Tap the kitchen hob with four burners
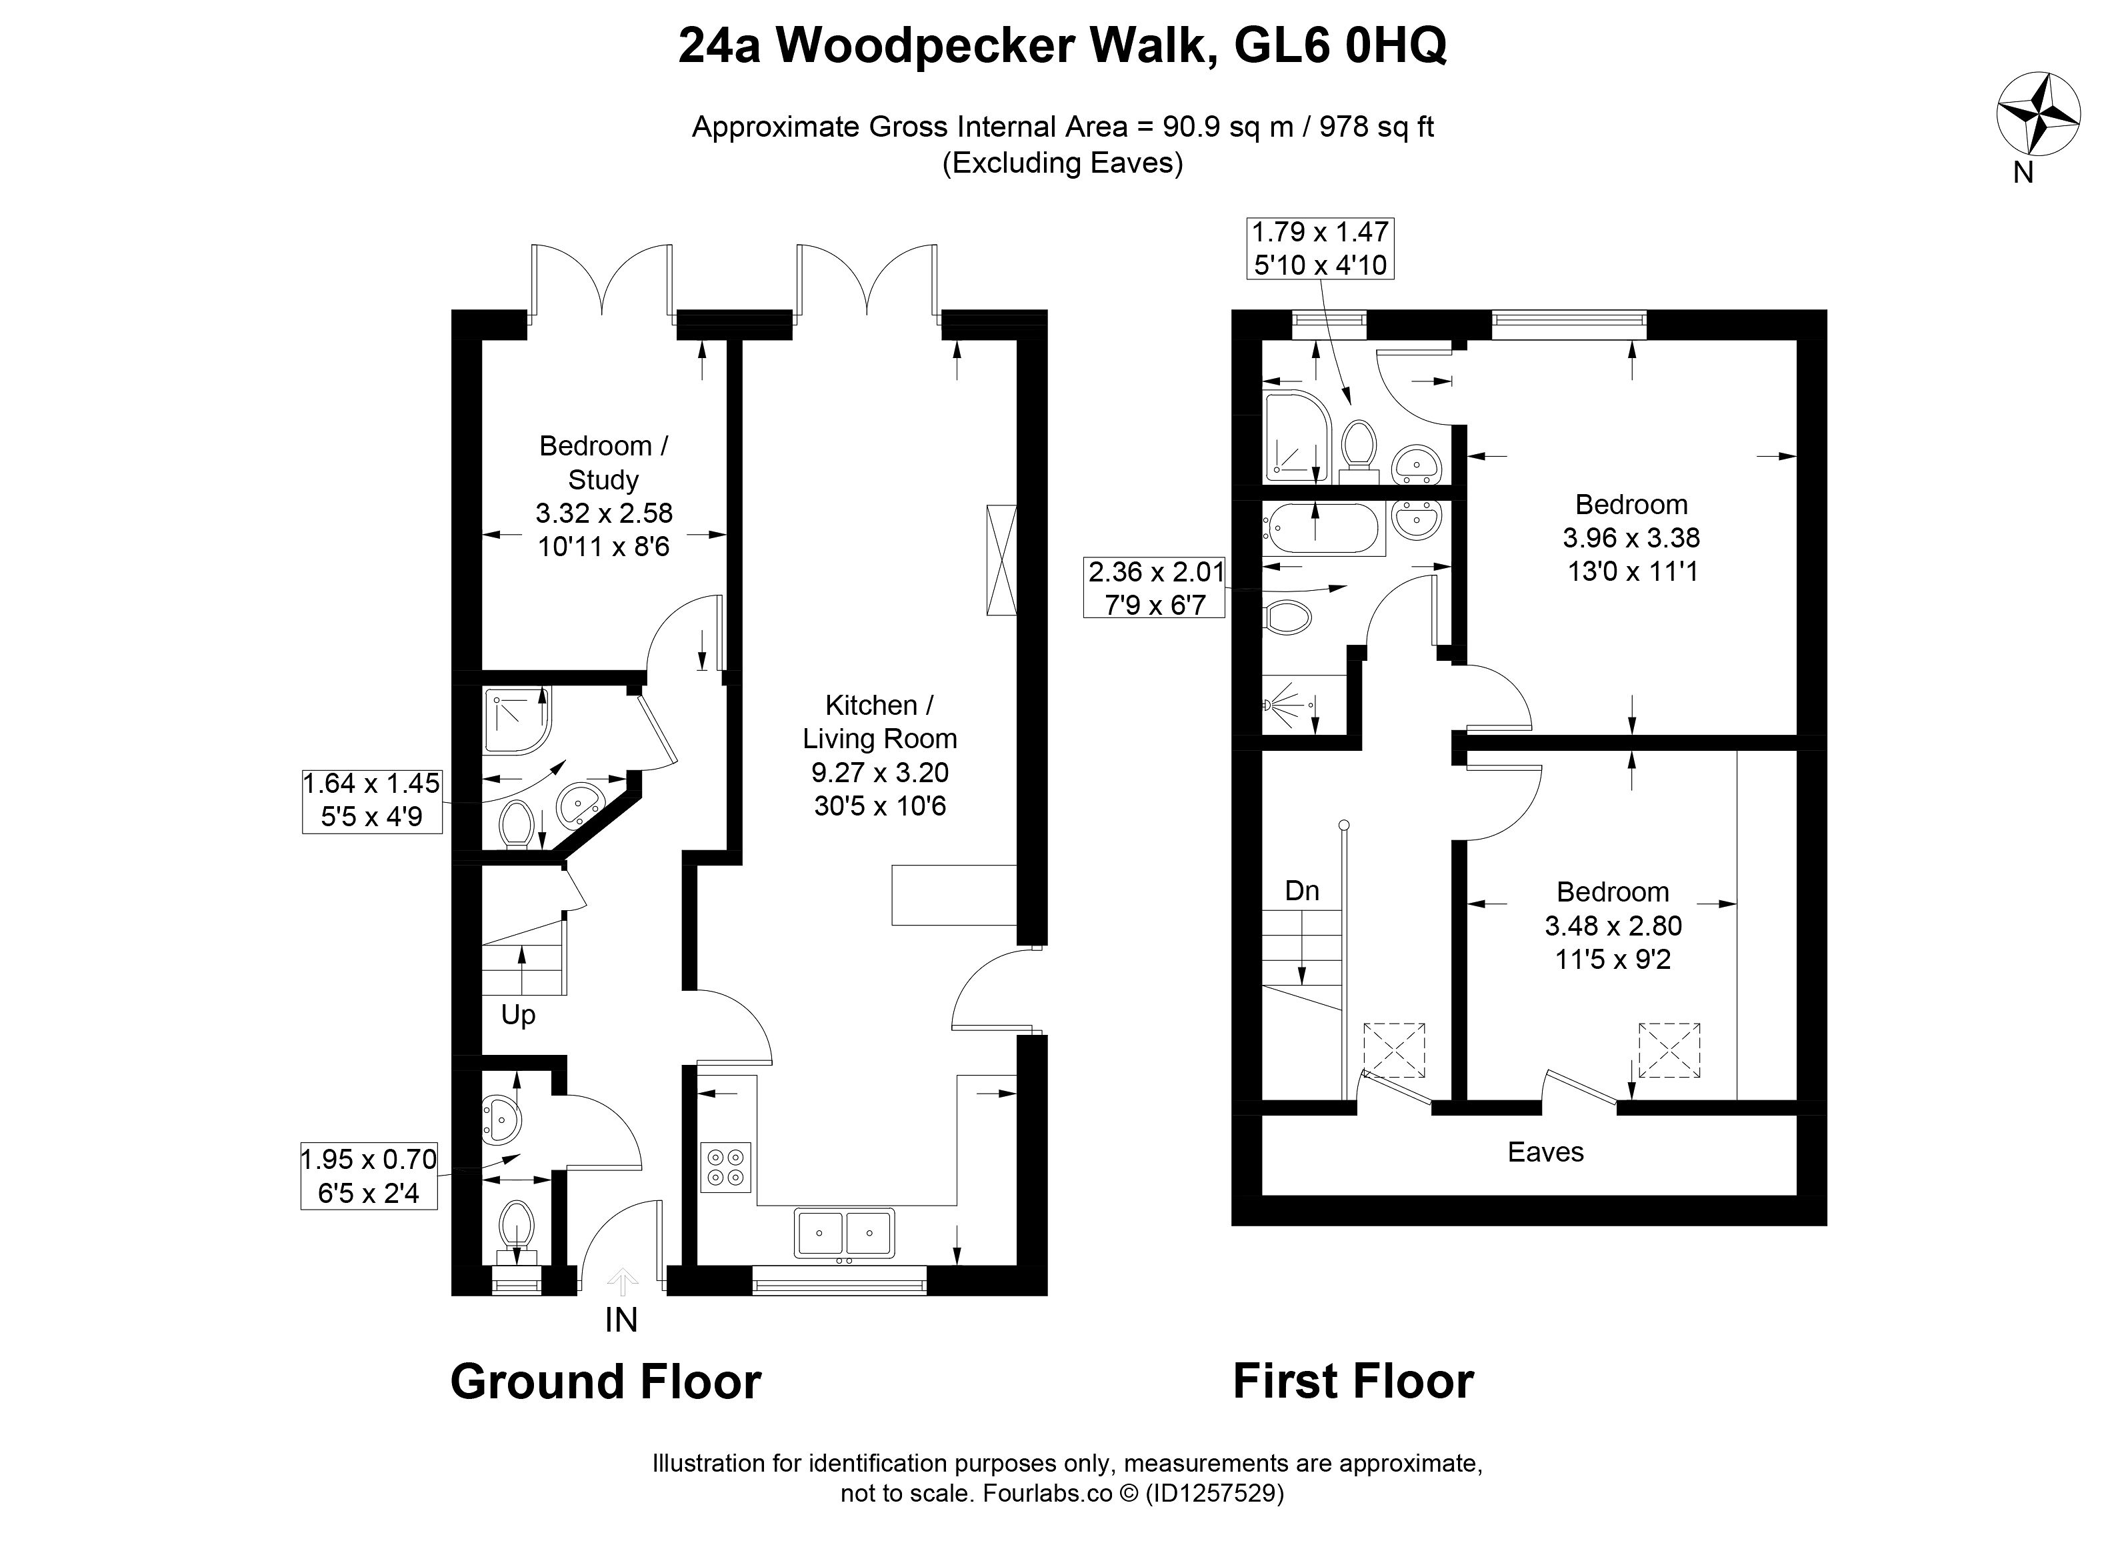tap(725, 1166)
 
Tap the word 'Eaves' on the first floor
tap(1546, 1152)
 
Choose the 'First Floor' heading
tap(1353, 1381)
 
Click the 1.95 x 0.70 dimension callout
tap(369, 1176)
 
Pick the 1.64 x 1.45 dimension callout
tap(372, 800)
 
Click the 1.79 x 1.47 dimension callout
tap(1320, 247)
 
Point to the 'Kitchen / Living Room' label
tap(879, 755)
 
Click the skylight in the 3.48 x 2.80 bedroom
tap(1669, 1050)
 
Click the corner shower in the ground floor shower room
tap(517, 720)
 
